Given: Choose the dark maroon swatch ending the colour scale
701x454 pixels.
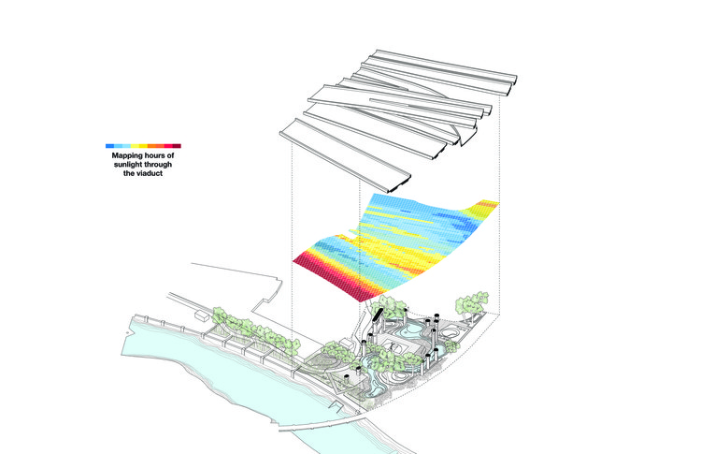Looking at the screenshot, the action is point(175,146).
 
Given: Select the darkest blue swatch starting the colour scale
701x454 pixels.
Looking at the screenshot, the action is point(110,146).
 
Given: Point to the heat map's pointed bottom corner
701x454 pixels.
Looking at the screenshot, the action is point(360,298).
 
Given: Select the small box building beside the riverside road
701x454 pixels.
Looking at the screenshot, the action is point(201,318).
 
